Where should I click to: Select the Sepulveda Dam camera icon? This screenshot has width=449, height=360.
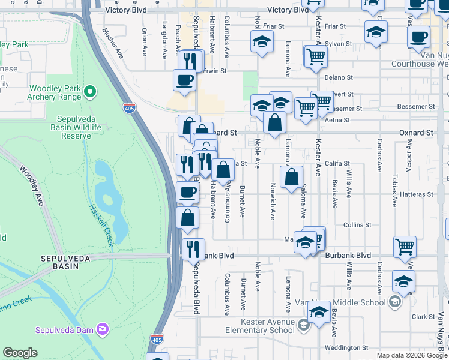[x=103, y=329]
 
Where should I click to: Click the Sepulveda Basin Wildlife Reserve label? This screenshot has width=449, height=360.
[x=80, y=127]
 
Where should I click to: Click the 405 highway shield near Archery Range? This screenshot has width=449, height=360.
[x=130, y=108]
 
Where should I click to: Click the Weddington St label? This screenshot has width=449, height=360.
[x=346, y=347]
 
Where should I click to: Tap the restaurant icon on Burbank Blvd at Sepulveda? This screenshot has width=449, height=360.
[x=193, y=248]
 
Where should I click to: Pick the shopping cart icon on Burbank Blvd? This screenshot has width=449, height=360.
[x=405, y=245]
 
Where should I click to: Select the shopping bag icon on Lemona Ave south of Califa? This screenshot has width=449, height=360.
[x=291, y=177]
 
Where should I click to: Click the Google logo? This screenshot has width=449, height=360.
[x=20, y=353]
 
